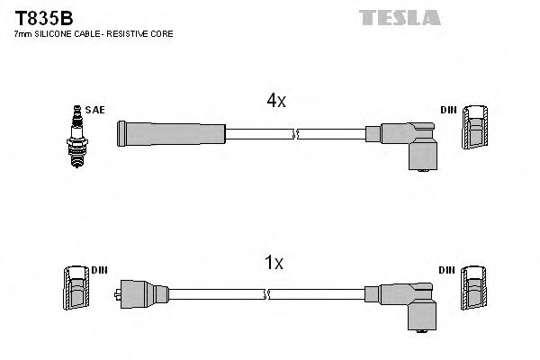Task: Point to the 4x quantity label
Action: click(275, 102)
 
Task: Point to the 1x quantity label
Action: click(275, 263)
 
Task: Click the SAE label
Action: click(96, 110)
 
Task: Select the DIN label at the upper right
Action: click(447, 110)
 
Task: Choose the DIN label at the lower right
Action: click(447, 271)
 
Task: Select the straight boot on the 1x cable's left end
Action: click(143, 293)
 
